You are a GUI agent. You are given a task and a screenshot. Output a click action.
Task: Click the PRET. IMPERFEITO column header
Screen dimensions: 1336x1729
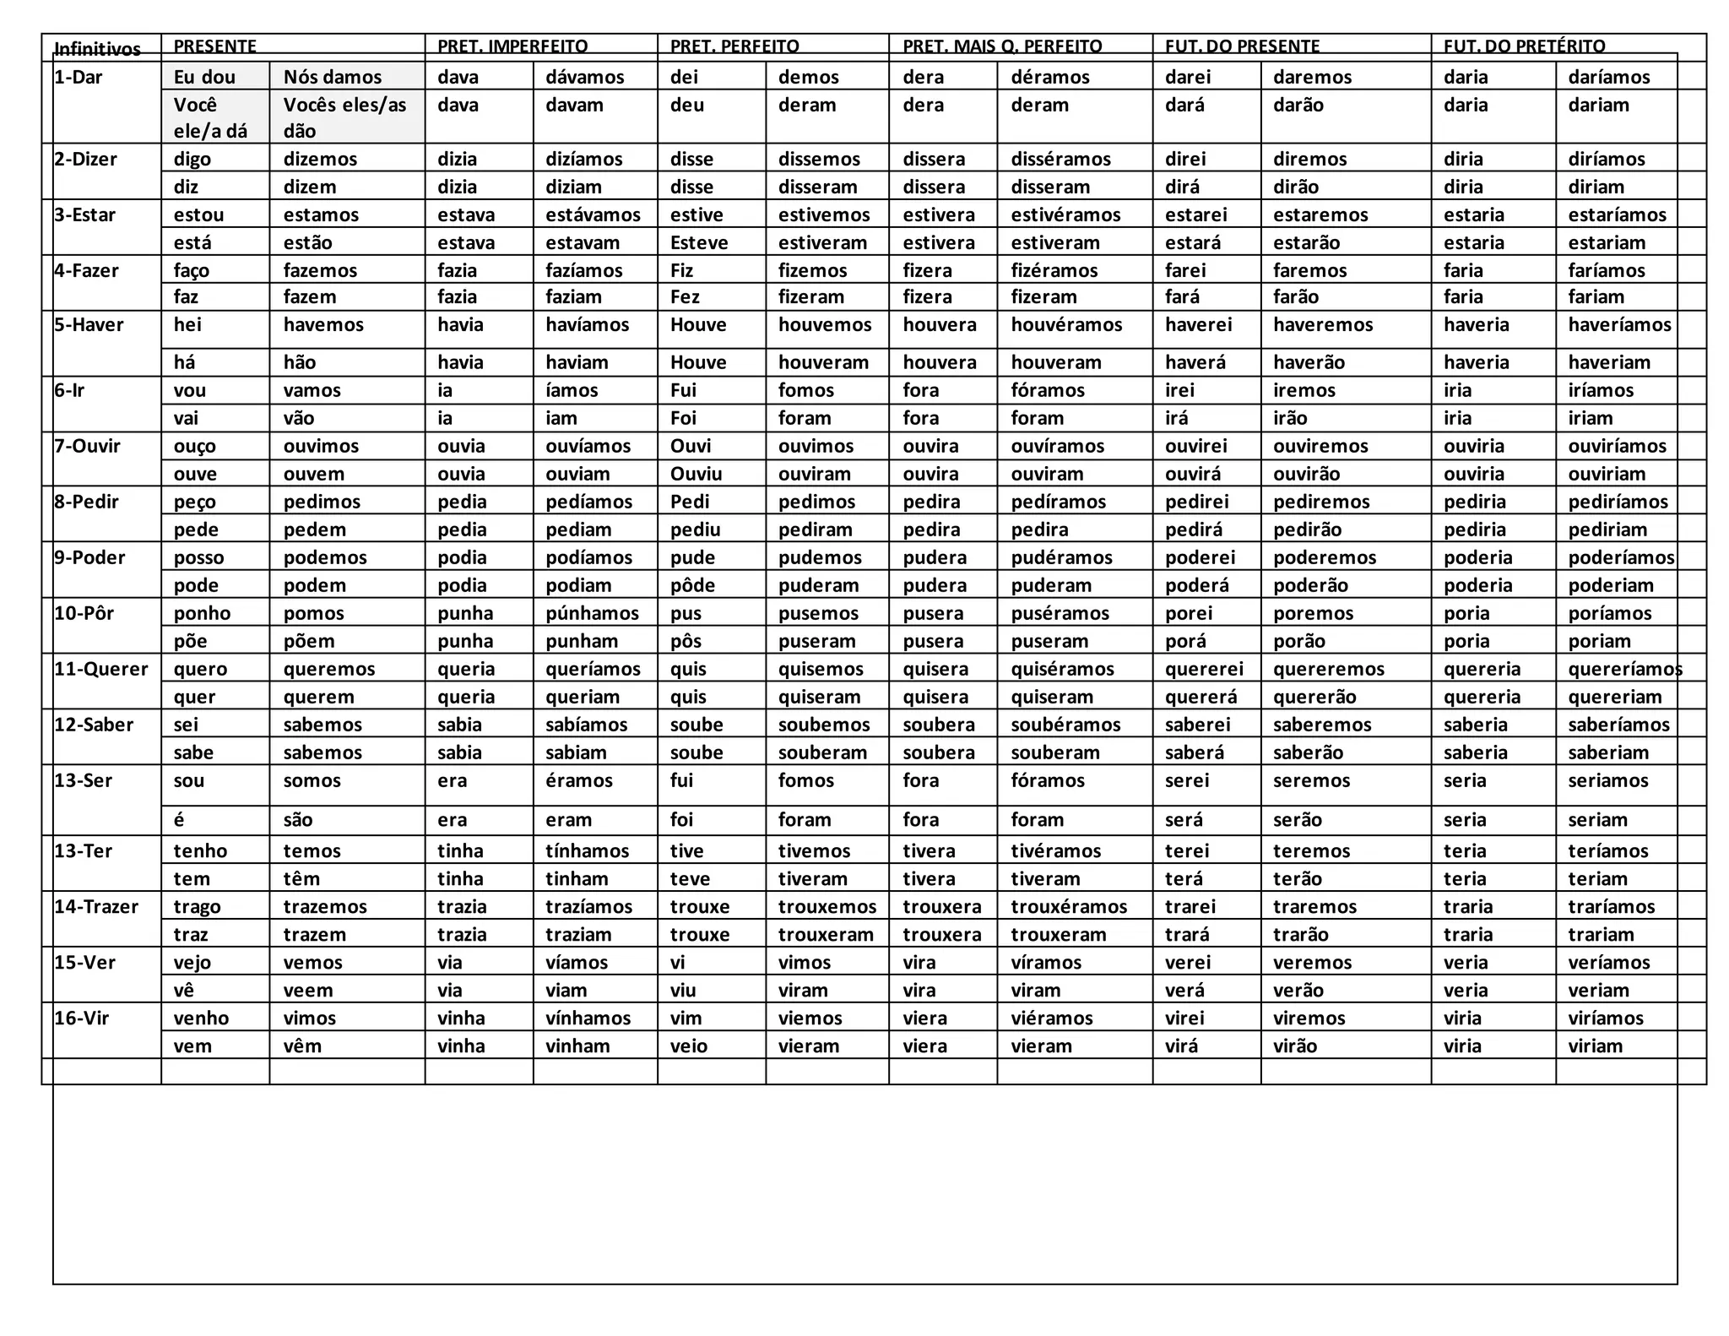[512, 46]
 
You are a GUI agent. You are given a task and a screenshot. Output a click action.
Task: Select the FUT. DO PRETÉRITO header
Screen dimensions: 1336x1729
[1524, 46]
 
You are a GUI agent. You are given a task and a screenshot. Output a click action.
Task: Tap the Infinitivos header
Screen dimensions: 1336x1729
[97, 49]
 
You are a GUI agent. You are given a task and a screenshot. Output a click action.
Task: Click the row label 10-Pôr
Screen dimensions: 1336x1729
[84, 613]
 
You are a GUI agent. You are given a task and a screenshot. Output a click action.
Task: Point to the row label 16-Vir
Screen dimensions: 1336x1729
[82, 1018]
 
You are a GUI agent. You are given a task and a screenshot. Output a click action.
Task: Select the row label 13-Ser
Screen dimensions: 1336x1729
[83, 780]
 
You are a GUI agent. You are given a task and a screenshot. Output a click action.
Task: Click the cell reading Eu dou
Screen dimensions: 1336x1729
[204, 77]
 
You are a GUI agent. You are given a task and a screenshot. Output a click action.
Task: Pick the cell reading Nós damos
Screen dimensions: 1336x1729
[333, 77]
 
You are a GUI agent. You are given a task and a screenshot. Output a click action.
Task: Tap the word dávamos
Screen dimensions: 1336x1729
[585, 77]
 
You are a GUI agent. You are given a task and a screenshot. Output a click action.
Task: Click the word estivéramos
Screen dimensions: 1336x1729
[1065, 215]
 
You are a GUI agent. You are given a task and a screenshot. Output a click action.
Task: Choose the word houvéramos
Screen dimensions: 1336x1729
[1066, 325]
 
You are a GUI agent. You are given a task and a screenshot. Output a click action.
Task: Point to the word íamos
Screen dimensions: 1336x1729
[572, 390]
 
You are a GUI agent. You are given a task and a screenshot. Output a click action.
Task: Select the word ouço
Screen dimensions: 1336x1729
[195, 446]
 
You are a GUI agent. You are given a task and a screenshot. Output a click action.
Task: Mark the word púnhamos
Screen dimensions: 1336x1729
[592, 613]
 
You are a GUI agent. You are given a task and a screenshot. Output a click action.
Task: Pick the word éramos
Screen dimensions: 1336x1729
[579, 780]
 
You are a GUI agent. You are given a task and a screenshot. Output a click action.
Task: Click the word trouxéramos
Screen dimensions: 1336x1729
[1069, 906]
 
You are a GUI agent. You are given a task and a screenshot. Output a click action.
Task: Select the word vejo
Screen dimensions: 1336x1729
[192, 962]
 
